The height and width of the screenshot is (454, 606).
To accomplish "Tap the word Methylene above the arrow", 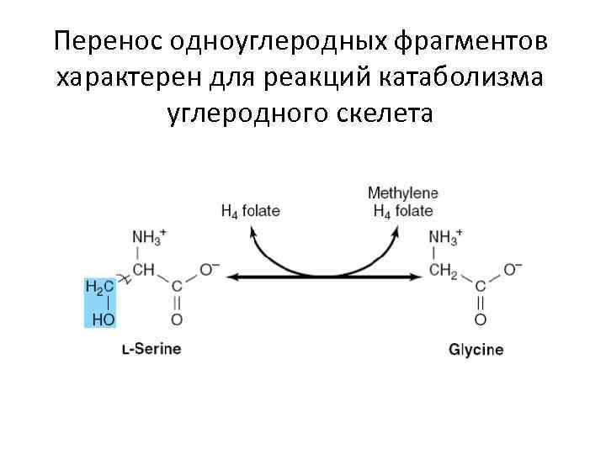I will [x=403, y=193].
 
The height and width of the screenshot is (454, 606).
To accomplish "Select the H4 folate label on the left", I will [x=250, y=211].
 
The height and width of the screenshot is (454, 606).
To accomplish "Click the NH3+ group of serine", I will [x=150, y=239].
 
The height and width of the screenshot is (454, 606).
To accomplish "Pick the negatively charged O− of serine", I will [x=209, y=270].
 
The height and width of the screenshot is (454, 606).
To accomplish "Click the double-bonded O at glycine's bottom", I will [x=480, y=319].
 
